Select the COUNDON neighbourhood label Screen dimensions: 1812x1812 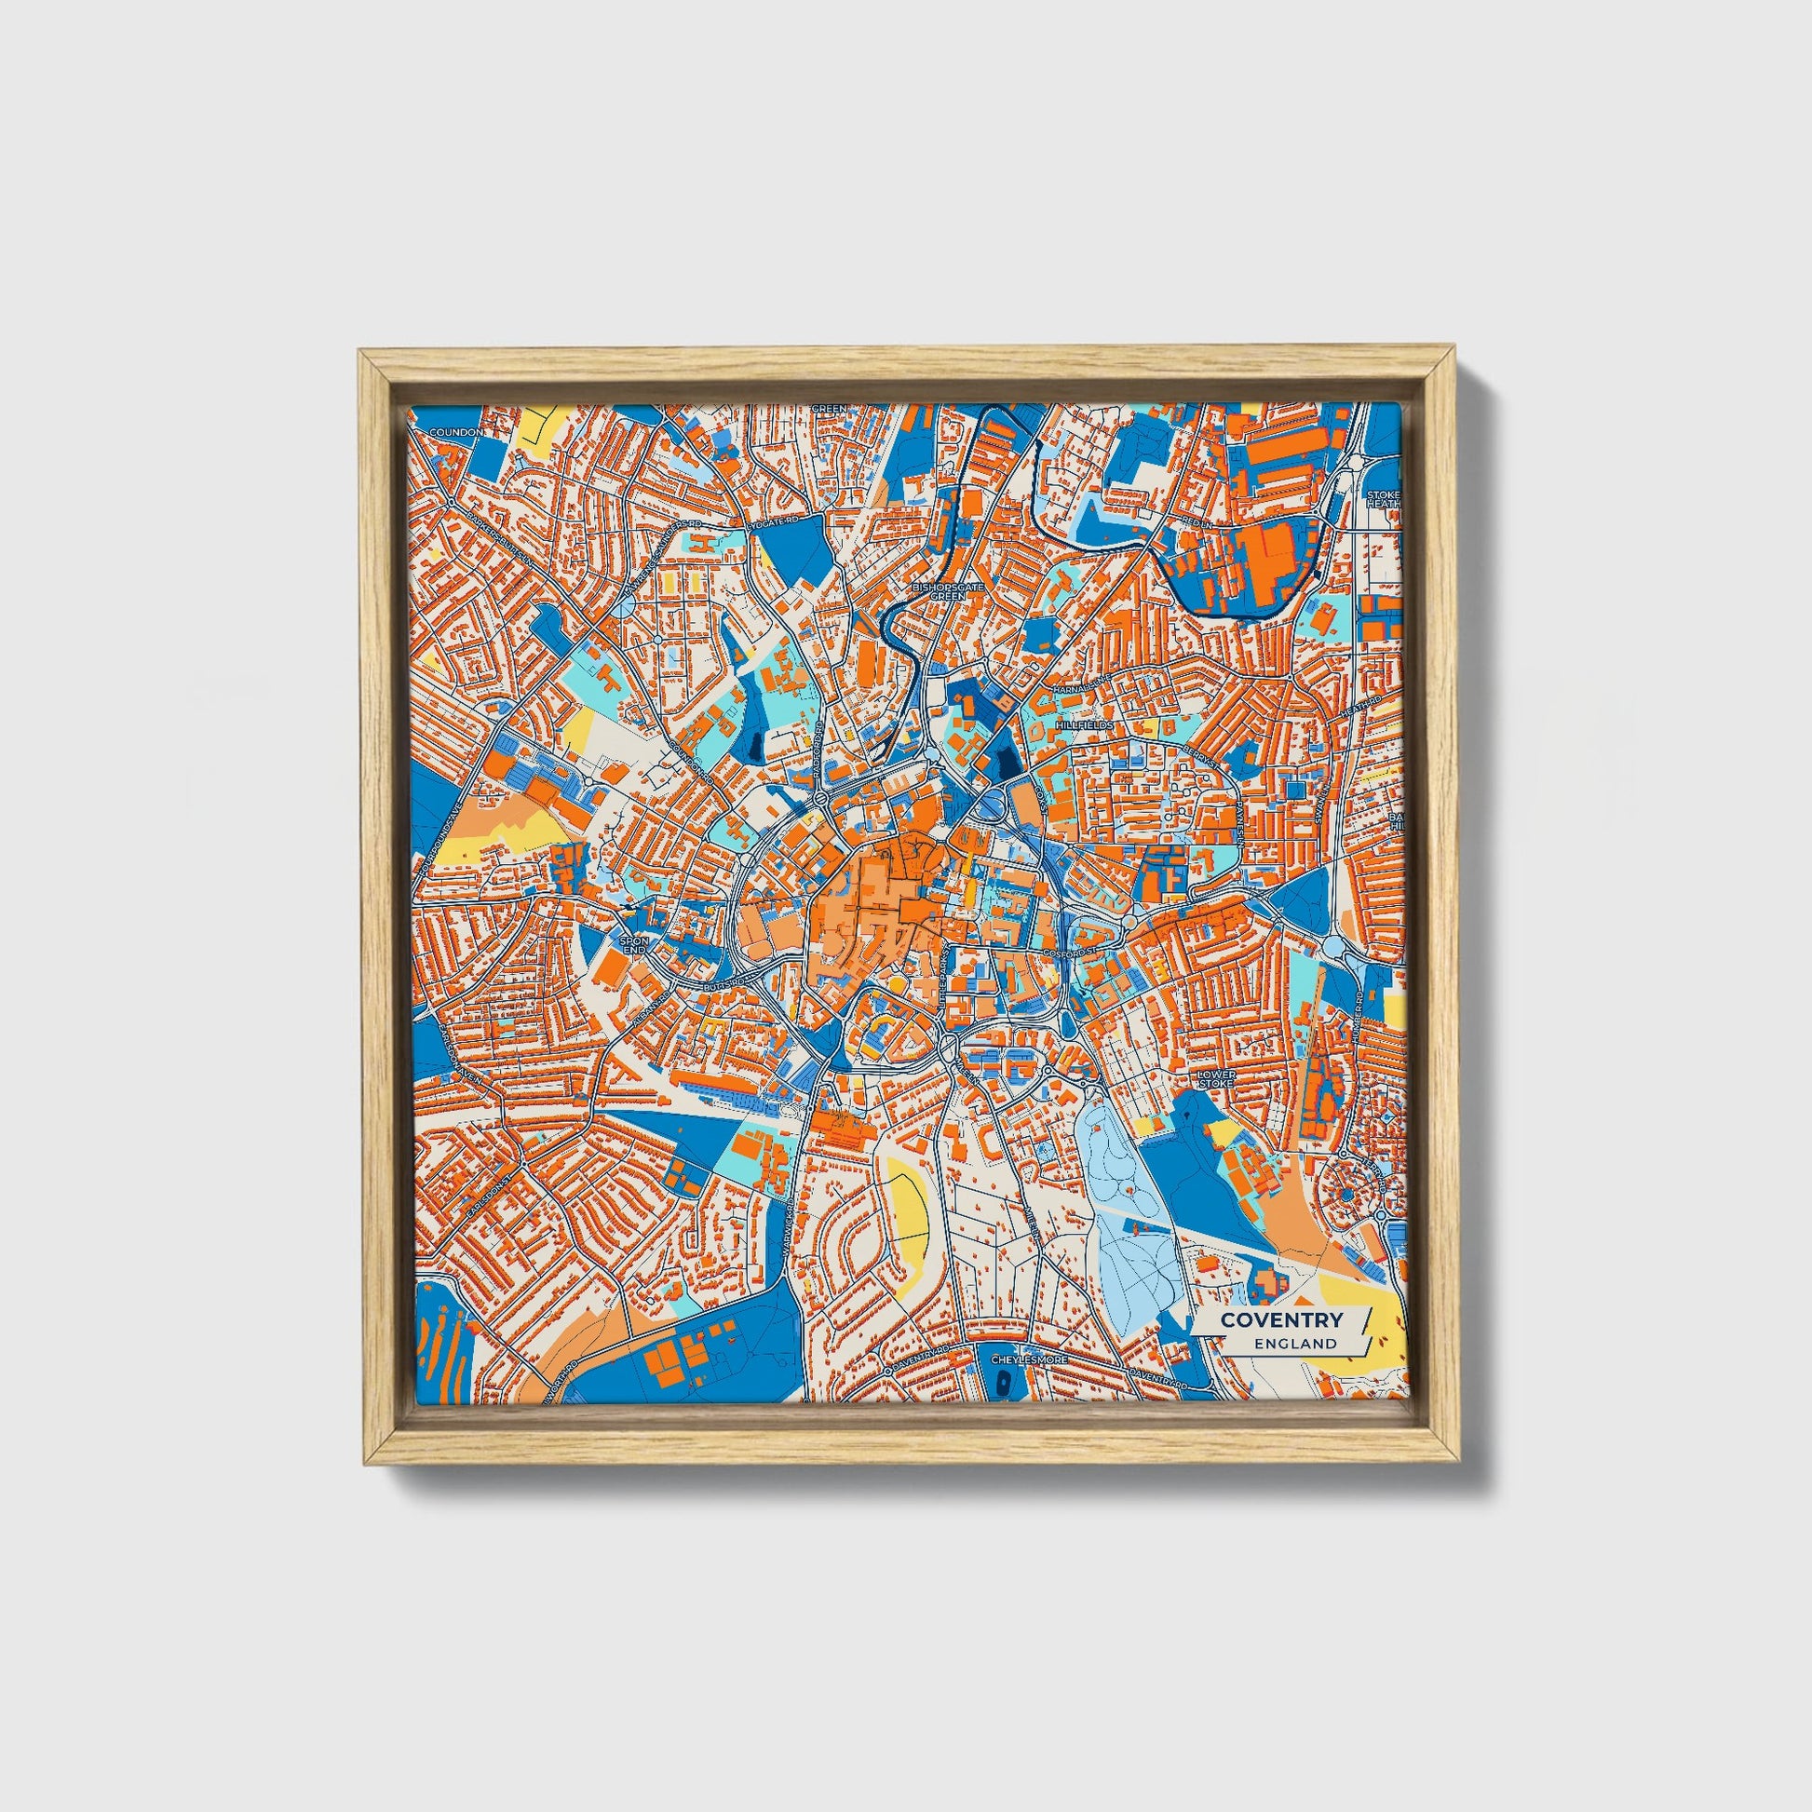click(x=455, y=432)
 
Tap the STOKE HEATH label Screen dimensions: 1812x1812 click(x=1384, y=498)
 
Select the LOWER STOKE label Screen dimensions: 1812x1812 click(x=1217, y=1077)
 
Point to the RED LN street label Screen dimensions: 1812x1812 click(x=1197, y=519)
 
